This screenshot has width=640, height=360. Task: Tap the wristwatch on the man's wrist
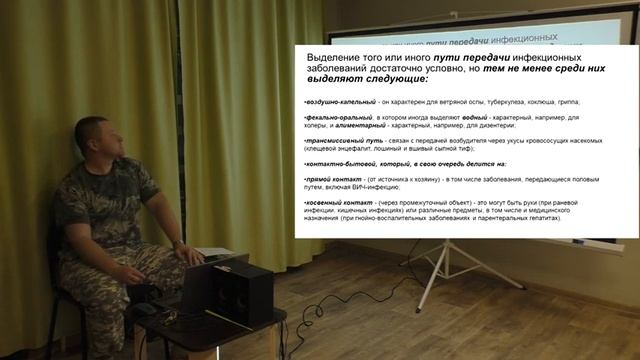176,243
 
